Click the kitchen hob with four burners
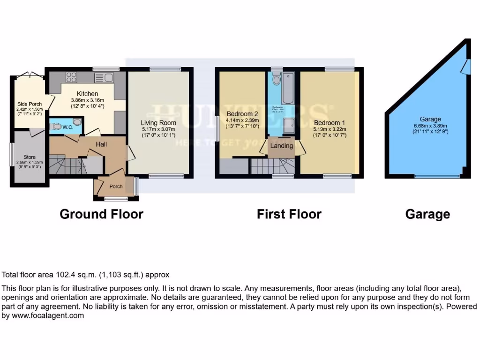[71, 77]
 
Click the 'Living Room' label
[159, 123]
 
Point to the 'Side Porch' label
[29, 104]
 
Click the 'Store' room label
[30, 157]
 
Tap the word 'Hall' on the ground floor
[102, 144]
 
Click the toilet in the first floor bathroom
[277, 81]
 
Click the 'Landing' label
[282, 145]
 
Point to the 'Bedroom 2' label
[242, 114]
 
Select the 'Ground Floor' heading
[101, 214]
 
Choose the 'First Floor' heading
[289, 214]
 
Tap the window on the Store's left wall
[12, 153]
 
